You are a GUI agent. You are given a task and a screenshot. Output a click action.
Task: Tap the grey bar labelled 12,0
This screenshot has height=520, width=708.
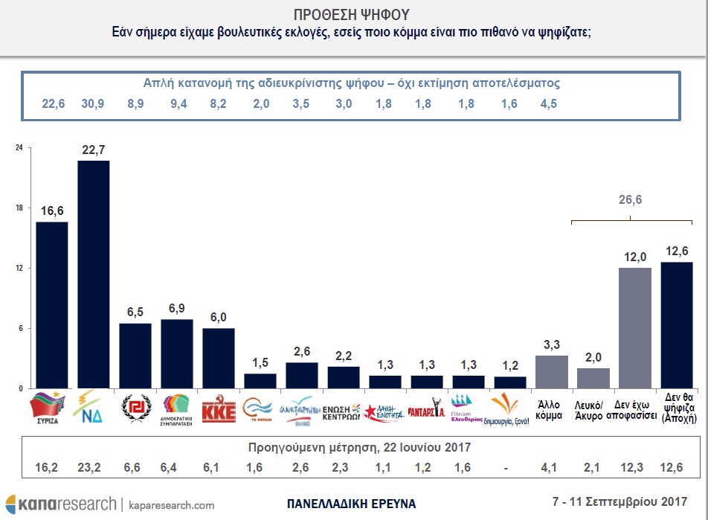coord(635,328)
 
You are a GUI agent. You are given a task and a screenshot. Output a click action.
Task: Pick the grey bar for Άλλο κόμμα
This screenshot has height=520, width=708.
coord(552,372)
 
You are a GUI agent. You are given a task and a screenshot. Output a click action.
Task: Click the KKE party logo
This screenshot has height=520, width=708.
coord(219,409)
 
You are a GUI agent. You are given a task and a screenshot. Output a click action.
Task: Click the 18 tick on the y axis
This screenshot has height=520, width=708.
coord(19,208)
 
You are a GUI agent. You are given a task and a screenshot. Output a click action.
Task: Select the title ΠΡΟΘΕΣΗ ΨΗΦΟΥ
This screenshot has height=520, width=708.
coord(354,15)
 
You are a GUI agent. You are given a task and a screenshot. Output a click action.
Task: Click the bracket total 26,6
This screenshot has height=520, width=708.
coord(631,199)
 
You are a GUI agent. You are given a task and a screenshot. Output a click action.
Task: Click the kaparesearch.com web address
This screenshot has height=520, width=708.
coord(170,505)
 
